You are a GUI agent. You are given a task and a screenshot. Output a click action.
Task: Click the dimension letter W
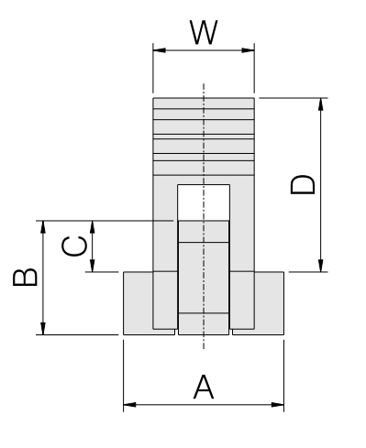204,32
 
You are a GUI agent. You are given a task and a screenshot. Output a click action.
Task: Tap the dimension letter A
204,388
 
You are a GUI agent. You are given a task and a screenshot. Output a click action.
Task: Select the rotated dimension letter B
25,278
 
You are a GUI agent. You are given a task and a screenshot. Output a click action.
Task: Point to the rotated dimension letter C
74,246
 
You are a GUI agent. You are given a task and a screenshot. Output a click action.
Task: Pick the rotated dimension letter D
303,184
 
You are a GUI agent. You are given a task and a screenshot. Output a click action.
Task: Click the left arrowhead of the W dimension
160,50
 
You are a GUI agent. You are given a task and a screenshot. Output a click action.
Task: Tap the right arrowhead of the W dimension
248,50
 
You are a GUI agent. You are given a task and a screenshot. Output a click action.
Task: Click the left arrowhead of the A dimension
129,405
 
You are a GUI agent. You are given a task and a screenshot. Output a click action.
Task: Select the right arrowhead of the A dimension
278,405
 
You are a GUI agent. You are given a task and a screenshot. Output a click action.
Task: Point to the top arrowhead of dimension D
321,104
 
